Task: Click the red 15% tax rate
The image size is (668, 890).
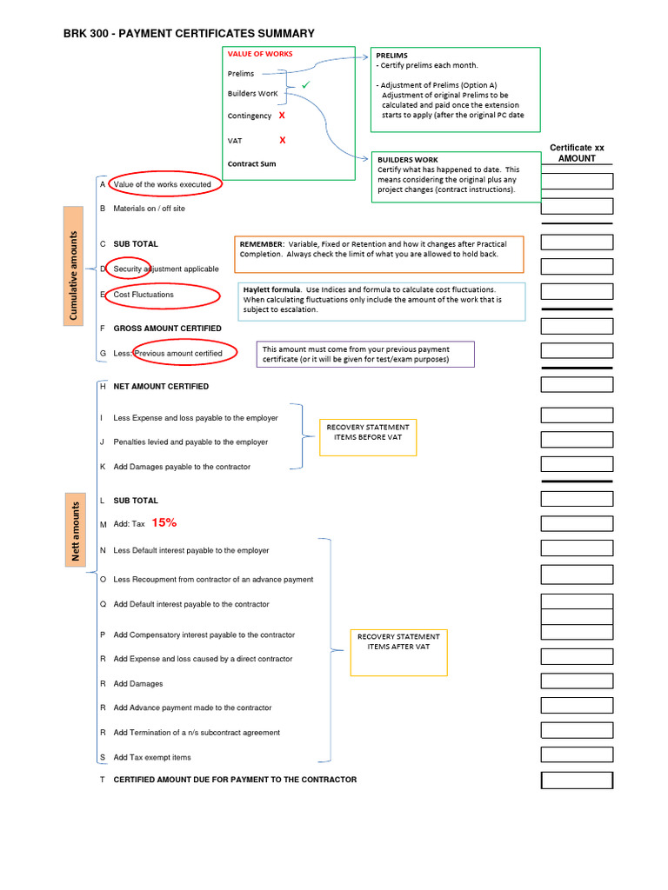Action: [x=164, y=522]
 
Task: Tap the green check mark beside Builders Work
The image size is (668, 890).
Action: [x=305, y=85]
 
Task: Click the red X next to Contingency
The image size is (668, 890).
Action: [x=282, y=115]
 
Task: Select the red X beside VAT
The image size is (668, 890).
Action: [x=282, y=140]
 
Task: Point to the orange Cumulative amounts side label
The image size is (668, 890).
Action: [x=74, y=264]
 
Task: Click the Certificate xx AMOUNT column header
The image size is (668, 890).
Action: [x=577, y=153]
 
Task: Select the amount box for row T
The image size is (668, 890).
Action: [x=577, y=780]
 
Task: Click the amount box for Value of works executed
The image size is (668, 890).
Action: [x=577, y=181]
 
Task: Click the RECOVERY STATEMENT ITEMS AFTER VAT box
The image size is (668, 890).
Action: [x=398, y=653]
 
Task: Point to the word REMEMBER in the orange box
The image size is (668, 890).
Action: [x=262, y=244]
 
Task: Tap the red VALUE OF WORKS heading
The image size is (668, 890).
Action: [x=260, y=54]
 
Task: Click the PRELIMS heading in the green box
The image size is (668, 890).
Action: [x=391, y=55]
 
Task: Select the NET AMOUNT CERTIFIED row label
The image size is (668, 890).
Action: [x=161, y=386]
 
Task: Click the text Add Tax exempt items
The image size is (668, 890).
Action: [x=152, y=757]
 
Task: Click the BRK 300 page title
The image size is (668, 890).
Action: [x=189, y=33]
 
